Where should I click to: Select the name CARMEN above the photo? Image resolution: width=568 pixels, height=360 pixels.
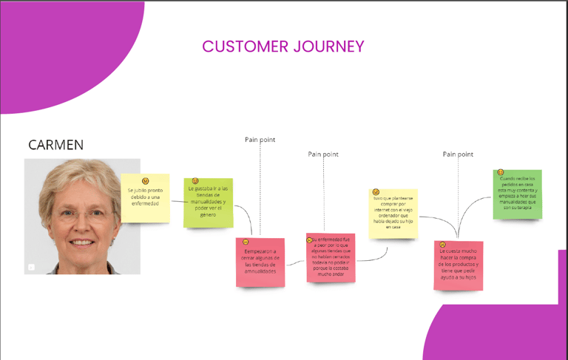coord(55,145)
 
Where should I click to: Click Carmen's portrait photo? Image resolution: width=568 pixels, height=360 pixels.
coord(82,216)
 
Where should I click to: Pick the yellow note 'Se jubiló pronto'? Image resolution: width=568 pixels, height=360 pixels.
coord(145,198)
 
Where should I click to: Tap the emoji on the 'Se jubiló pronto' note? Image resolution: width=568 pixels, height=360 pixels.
coord(146,180)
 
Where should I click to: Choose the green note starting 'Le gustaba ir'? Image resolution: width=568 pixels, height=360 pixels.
coord(208,203)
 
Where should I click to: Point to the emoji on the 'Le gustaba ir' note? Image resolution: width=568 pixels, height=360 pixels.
coord(195,181)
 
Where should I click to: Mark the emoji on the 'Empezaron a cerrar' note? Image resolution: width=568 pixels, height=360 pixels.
coord(246,242)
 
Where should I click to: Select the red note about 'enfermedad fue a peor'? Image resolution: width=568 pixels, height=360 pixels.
coord(331,258)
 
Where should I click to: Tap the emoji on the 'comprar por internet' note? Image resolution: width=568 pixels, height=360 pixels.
coord(376,192)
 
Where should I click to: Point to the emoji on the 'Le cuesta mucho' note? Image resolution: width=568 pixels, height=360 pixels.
coord(442,245)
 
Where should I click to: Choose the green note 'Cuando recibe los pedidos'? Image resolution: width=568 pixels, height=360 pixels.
coord(517,195)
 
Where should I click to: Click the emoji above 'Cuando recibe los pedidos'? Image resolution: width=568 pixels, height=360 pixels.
coord(501,172)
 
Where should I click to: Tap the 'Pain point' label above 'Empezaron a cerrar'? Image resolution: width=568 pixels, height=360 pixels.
coord(260,139)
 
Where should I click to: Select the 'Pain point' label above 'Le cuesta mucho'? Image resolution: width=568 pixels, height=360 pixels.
coord(458,154)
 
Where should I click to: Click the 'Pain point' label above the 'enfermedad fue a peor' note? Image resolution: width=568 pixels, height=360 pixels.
coord(323,154)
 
